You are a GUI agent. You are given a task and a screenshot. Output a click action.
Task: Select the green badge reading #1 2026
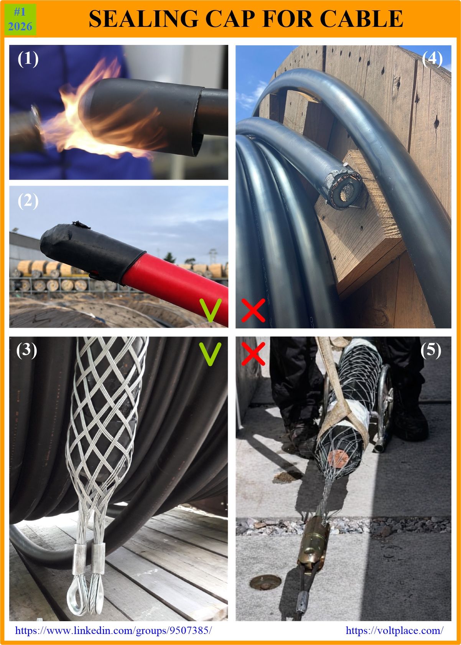pyautogui.click(x=20, y=20)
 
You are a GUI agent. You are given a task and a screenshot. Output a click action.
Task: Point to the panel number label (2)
pyautogui.click(x=28, y=201)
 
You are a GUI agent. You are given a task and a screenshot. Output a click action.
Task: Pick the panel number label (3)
pyautogui.click(x=26, y=350)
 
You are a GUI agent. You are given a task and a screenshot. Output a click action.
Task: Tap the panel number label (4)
pyautogui.click(x=432, y=59)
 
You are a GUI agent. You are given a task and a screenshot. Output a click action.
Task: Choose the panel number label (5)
pyautogui.click(x=431, y=350)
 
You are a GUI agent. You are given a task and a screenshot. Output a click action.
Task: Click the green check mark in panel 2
pyautogui.click(x=211, y=310)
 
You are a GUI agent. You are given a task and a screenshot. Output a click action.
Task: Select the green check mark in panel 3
pyautogui.click(x=211, y=354)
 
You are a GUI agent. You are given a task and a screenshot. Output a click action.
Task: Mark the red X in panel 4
pyautogui.click(x=253, y=310)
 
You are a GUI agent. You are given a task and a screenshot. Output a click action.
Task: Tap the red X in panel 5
pyautogui.click(x=253, y=354)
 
